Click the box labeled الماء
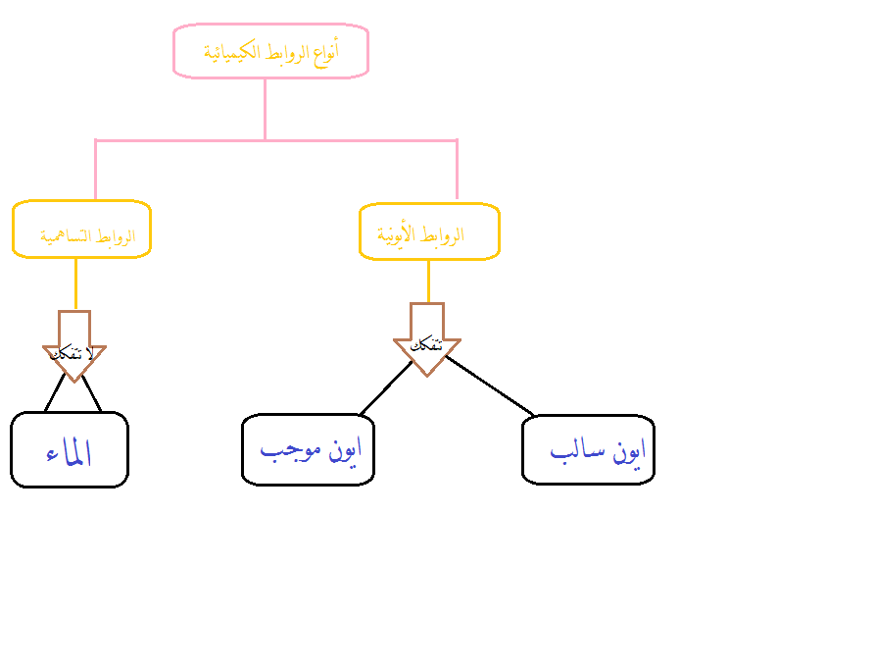coord(70,449)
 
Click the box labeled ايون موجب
coord(309,450)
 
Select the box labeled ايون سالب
coord(588,449)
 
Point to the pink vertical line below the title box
coord(266,108)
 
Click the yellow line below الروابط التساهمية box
coord(75,283)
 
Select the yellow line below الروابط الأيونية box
coord(428,281)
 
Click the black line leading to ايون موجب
coord(385,388)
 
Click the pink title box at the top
coord(270,51)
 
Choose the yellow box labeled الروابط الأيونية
coord(429,232)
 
